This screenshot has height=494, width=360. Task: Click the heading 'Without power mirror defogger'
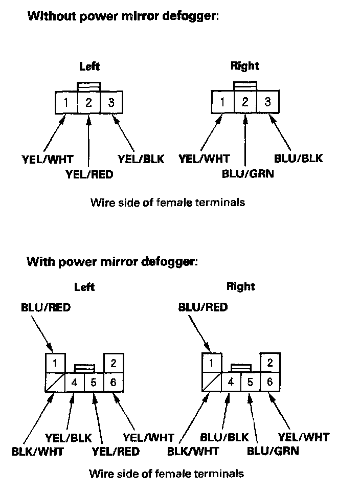123,16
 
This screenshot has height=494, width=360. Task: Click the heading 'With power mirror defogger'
111,262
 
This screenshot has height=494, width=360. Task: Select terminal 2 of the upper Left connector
88,103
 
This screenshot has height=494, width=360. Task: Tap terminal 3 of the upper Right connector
267,102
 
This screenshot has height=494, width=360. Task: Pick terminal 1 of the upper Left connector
66,103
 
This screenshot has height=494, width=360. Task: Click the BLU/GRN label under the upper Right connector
248,173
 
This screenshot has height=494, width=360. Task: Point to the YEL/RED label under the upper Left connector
89,174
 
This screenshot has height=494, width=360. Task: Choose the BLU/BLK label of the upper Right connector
298,158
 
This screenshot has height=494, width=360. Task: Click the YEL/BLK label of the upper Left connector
141,159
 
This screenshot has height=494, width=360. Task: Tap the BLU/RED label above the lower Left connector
46,308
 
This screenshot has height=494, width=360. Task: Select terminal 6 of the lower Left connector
114,382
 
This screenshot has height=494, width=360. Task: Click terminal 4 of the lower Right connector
231,381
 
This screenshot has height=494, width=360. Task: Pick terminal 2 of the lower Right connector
269,363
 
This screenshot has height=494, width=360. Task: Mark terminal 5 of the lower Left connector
94,382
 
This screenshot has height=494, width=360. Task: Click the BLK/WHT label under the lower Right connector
193,451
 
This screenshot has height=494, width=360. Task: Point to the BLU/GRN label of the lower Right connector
273,451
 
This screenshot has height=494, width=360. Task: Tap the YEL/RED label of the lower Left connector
116,451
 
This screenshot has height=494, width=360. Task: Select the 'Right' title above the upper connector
244,65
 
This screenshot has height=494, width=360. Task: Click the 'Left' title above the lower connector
84,287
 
